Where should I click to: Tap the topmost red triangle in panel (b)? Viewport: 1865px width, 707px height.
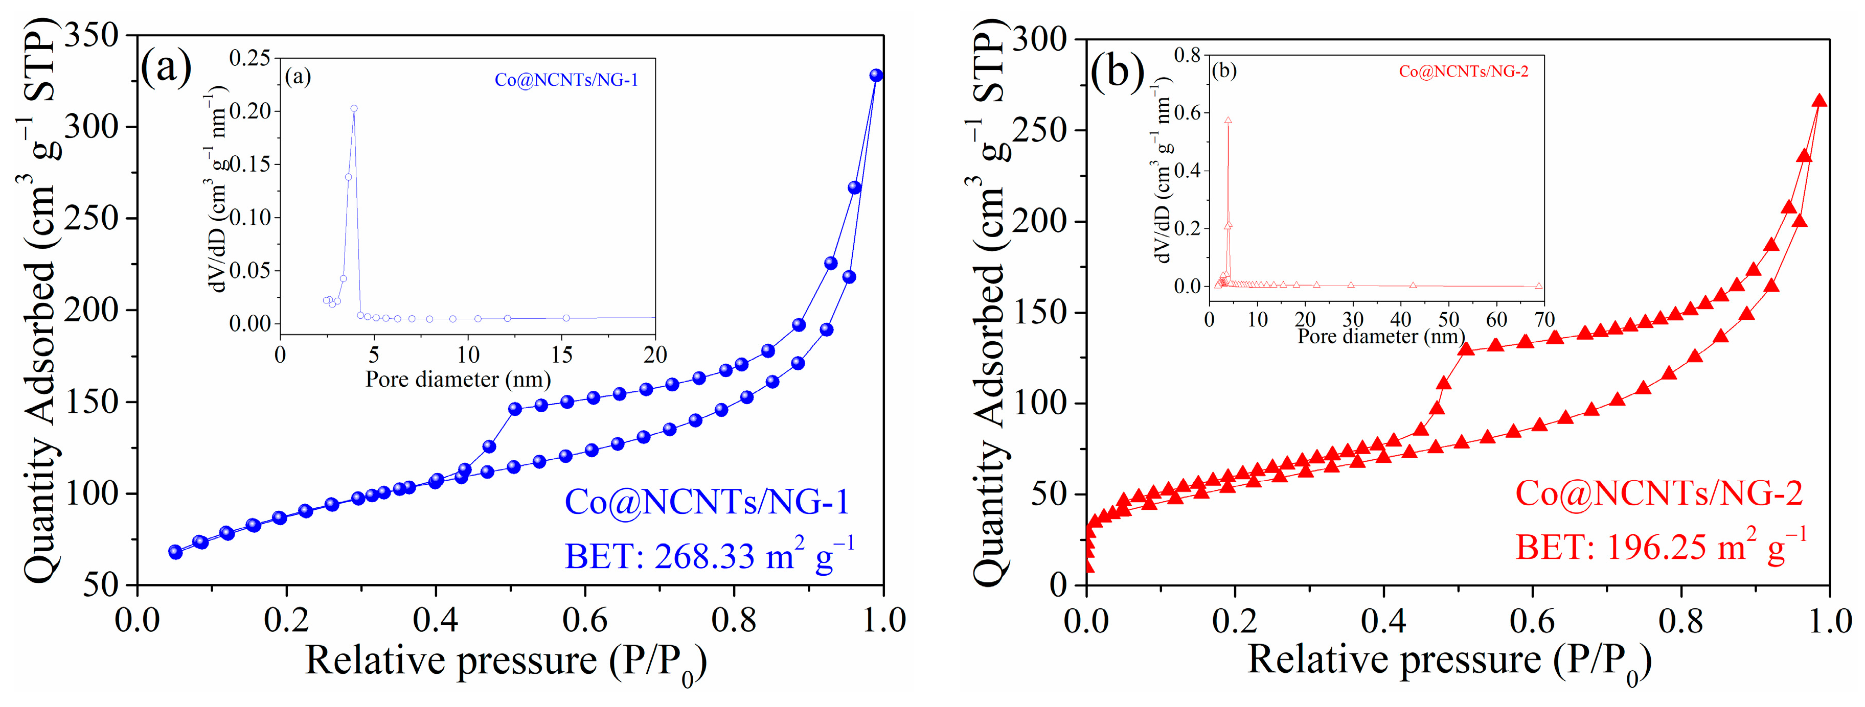tap(1818, 101)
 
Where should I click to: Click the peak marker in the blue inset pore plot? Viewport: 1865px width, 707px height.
tap(354, 108)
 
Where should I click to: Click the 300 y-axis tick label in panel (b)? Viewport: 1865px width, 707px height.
tap(1040, 39)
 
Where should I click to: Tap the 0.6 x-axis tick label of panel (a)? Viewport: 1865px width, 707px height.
tap(584, 620)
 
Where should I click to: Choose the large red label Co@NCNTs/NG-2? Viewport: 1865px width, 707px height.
tap(1658, 493)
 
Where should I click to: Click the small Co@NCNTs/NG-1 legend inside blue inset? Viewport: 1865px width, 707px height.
tap(566, 80)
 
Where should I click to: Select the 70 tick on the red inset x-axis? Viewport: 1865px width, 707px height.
tap(1544, 320)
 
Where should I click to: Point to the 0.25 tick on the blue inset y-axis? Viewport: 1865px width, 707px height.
tap(250, 58)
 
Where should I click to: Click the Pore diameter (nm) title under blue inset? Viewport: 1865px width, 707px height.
tap(458, 379)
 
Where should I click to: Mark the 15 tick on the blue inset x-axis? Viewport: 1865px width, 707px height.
tap(562, 355)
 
